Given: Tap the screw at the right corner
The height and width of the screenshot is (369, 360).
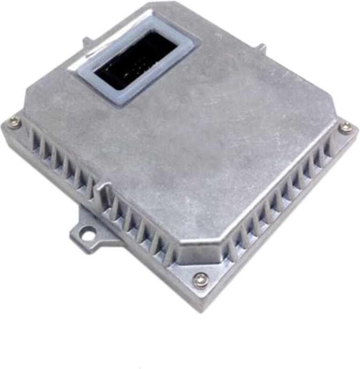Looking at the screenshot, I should tap(345, 126).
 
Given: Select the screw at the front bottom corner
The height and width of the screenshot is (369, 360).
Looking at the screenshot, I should tap(200, 280).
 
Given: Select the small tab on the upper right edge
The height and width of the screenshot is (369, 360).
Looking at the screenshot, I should tap(262, 48).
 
